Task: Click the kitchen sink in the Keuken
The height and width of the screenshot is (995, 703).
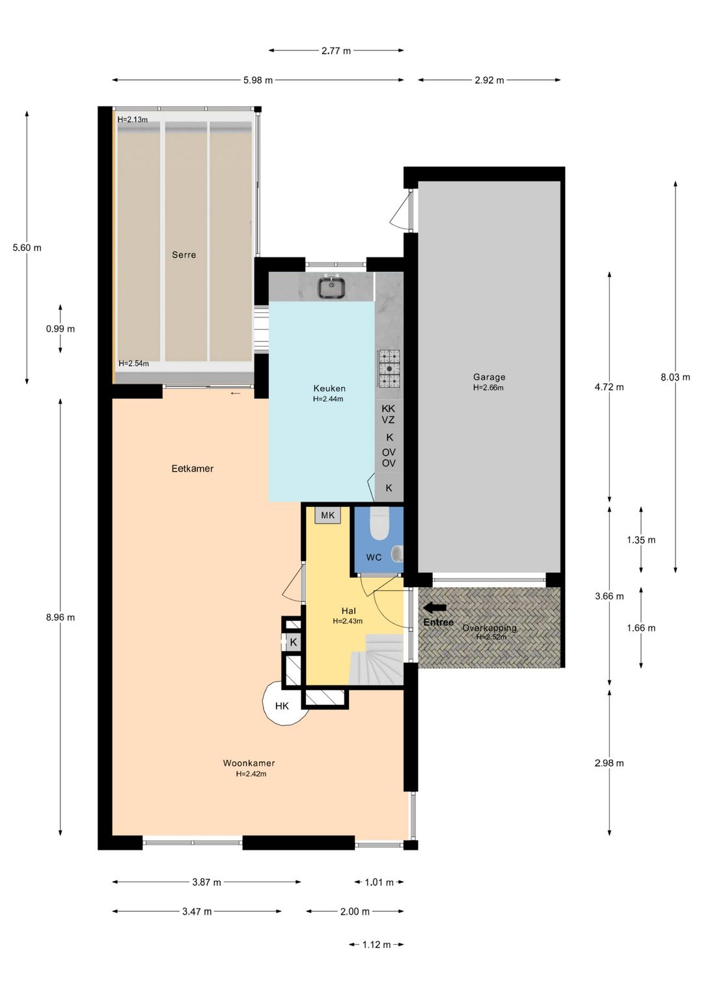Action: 331,287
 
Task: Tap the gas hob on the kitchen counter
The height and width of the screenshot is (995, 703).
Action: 389,369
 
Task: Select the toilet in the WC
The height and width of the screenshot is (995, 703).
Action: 379,524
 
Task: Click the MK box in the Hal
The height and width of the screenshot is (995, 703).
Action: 327,515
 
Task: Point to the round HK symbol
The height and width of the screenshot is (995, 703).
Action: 282,705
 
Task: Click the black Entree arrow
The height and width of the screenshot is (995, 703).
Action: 434,608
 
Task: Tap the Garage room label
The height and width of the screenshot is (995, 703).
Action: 489,377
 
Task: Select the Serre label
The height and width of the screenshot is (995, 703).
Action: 184,255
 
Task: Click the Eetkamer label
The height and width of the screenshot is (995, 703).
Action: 192,469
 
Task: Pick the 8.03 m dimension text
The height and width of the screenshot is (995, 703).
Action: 675,377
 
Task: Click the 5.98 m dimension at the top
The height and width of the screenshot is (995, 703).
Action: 258,80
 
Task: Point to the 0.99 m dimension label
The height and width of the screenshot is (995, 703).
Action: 60,329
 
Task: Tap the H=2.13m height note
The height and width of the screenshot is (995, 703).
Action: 133,120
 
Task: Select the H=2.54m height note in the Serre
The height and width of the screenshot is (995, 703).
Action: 133,364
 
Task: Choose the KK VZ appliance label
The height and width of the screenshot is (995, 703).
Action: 389,414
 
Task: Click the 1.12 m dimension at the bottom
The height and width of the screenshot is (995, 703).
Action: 376,944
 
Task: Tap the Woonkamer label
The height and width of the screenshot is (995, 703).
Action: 249,763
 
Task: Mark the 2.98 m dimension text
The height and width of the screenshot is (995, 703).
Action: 609,763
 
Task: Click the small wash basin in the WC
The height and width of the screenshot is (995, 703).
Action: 396,554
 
